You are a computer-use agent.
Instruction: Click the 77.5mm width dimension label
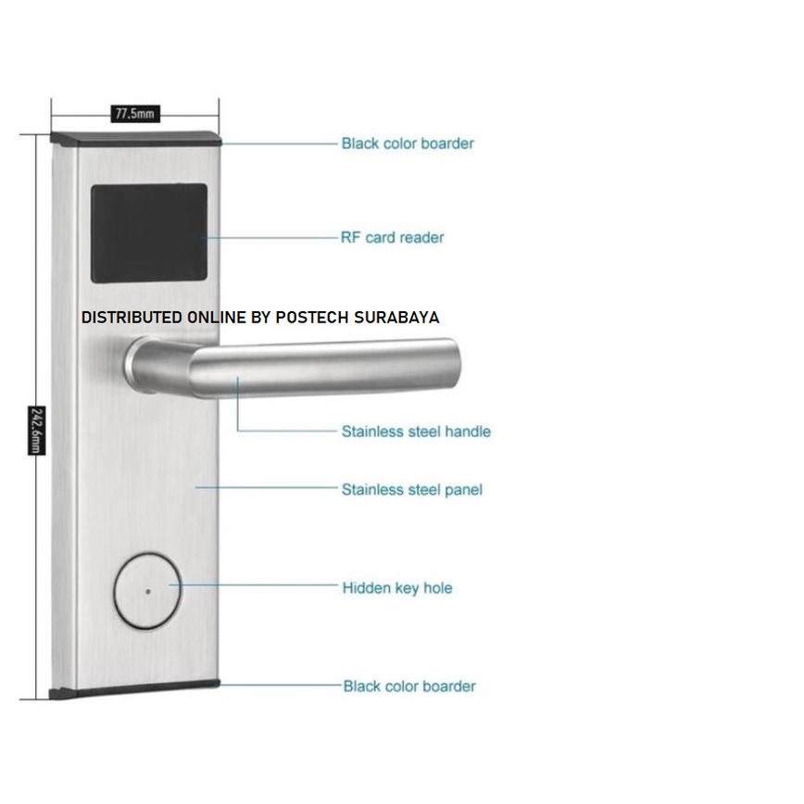pyautogui.click(x=135, y=113)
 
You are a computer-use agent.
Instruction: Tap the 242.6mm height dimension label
pyautogui.click(x=36, y=431)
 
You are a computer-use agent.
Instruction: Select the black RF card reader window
pyautogui.click(x=149, y=233)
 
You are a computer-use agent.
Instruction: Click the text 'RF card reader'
pyautogui.click(x=392, y=237)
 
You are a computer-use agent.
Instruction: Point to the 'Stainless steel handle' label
pyautogui.click(x=416, y=432)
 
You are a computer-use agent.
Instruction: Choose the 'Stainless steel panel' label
pyautogui.click(x=412, y=490)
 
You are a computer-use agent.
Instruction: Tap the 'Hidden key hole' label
pyautogui.click(x=397, y=587)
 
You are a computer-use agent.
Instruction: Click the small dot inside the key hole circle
pyautogui.click(x=148, y=591)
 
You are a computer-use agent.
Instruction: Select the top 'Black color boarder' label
pyautogui.click(x=408, y=144)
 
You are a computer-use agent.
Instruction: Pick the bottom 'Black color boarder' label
pyautogui.click(x=409, y=686)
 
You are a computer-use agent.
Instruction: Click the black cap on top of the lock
pyautogui.click(x=136, y=138)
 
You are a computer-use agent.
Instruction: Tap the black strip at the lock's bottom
pyautogui.click(x=134, y=690)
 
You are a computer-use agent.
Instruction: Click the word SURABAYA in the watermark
pyautogui.click(x=396, y=318)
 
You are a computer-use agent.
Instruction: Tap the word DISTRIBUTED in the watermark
pyautogui.click(x=132, y=318)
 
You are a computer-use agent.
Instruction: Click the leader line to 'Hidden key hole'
pyautogui.click(x=254, y=584)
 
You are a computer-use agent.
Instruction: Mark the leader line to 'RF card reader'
pyautogui.click(x=270, y=237)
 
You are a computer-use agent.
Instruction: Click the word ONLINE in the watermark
pyautogui.click(x=217, y=318)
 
